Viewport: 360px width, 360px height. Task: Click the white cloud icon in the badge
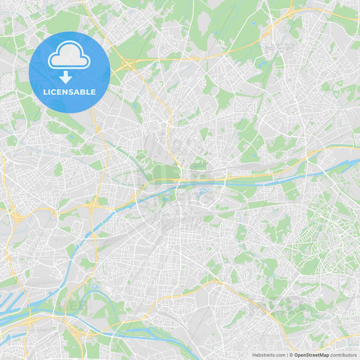(69, 56)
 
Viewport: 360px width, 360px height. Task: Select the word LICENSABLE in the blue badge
(69, 92)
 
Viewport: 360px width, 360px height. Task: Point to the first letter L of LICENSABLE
(44, 92)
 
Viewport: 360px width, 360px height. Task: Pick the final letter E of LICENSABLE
(94, 92)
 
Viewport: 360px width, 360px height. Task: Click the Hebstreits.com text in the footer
(269, 355)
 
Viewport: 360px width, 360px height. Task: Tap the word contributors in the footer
(344, 355)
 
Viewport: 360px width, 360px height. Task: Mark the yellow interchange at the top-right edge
(290, 11)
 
